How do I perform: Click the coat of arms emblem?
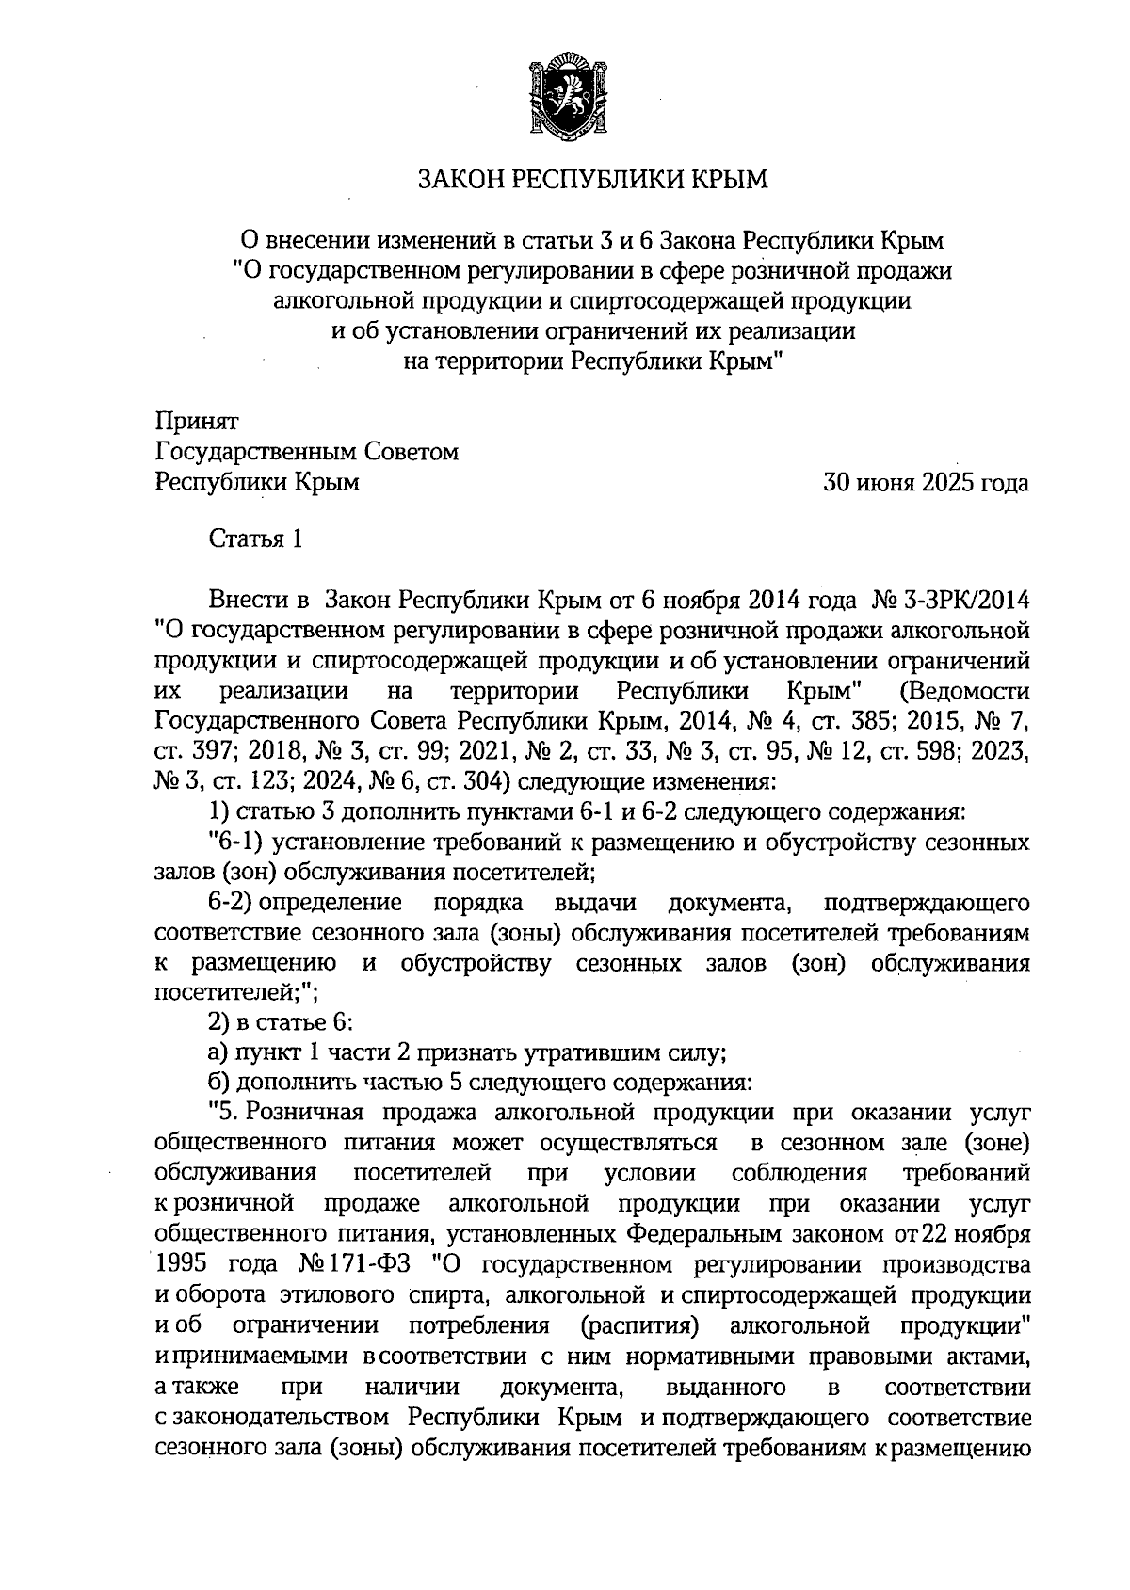[x=565, y=94]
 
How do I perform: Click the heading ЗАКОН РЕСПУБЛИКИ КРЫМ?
[x=593, y=179]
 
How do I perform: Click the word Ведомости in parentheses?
[x=964, y=691]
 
